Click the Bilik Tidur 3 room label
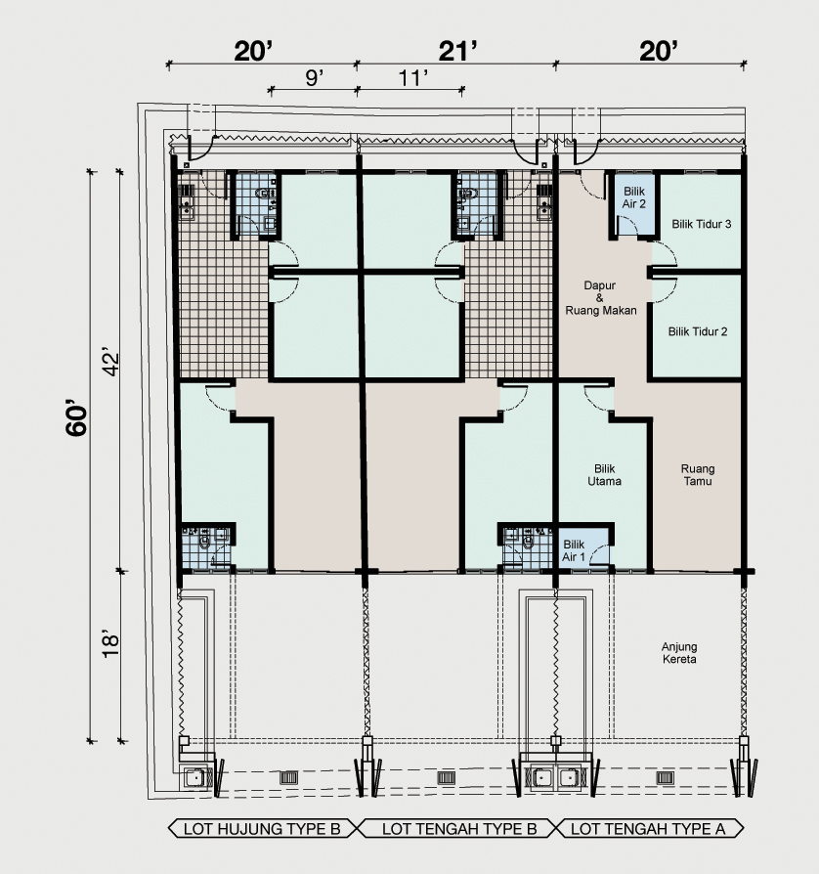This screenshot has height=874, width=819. tap(701, 224)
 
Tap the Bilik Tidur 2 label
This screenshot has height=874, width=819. tap(698, 331)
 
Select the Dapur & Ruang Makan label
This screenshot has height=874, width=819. tap(601, 297)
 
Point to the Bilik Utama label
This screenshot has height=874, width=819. tap(605, 475)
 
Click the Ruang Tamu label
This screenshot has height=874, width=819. tap(698, 475)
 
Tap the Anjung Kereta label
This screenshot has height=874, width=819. tap(678, 653)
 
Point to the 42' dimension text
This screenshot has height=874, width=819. tap(111, 363)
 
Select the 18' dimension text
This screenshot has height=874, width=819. tap(110, 645)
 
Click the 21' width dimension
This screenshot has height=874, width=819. tap(458, 51)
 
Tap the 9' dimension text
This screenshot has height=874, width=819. tap(315, 78)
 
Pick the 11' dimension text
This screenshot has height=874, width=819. tap(412, 78)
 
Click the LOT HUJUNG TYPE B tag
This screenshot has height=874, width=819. tap(262, 829)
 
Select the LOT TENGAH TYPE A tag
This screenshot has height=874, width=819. tap(649, 829)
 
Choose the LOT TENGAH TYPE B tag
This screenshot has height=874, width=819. tap(459, 829)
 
